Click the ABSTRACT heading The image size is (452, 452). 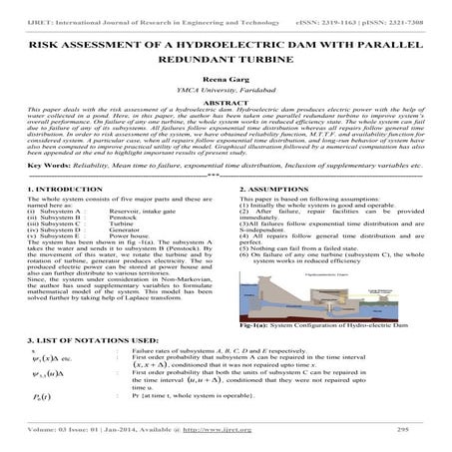coord(226,102)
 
